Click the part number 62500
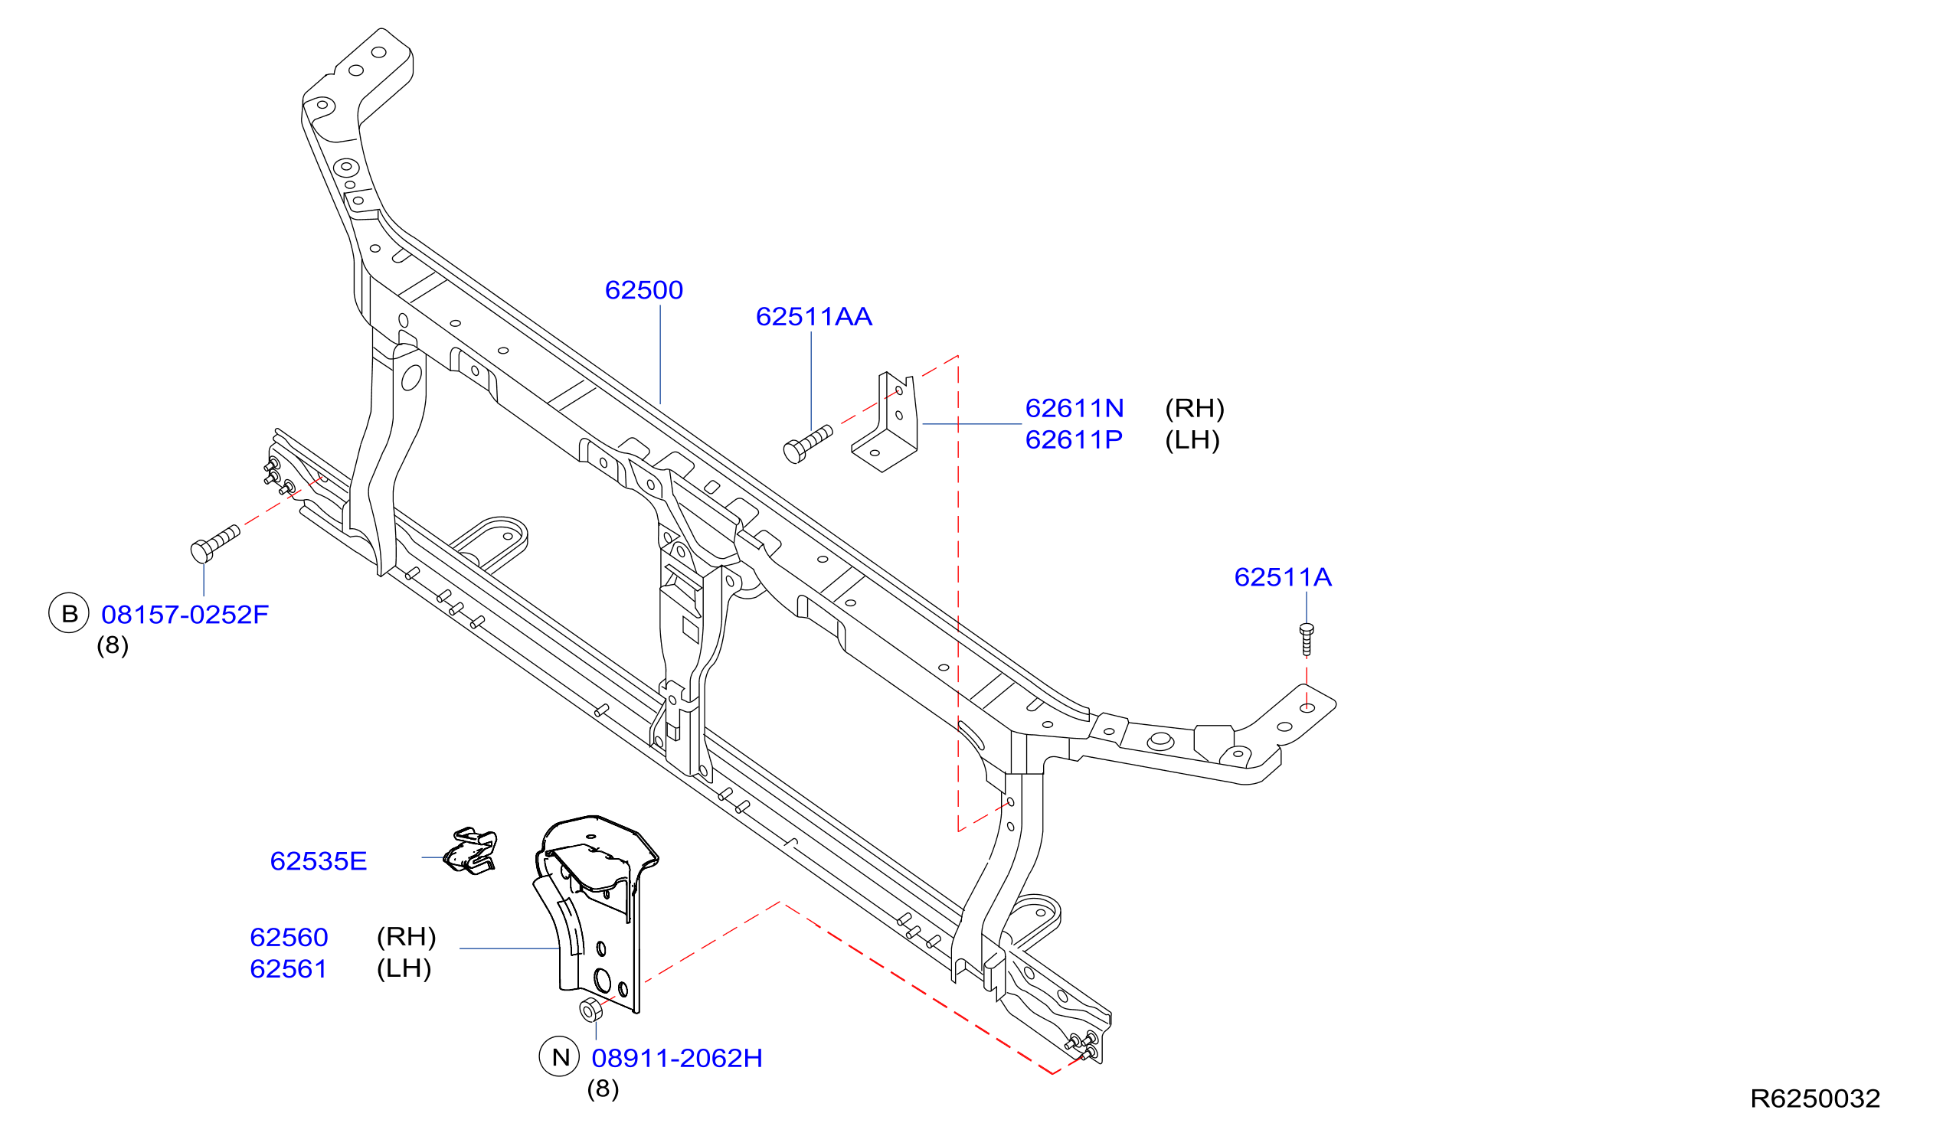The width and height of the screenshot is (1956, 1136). point(643,290)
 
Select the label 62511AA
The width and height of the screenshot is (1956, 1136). point(813,317)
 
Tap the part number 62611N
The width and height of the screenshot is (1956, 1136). point(1074,408)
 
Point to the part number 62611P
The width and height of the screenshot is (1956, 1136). point(1074,440)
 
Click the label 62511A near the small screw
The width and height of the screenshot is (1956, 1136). point(1282,577)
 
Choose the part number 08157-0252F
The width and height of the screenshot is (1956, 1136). point(185,615)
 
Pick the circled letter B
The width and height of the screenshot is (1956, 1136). point(69,614)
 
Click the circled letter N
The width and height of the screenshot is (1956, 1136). point(560,1057)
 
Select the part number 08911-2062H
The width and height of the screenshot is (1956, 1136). point(677,1059)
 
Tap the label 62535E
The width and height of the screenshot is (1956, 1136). point(319,861)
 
